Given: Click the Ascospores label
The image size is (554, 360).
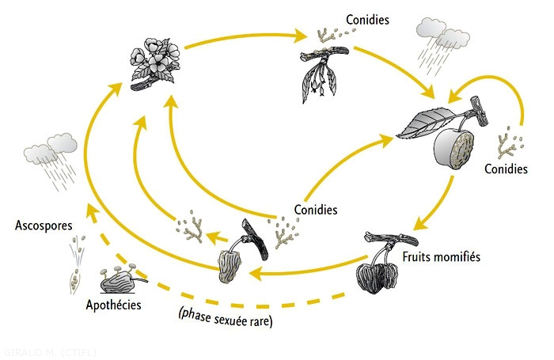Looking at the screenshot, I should [43, 226].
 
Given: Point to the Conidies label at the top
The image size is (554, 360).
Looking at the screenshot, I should [367, 19].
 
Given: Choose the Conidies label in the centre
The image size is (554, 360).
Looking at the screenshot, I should [316, 210].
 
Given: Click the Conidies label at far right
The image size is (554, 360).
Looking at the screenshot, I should [506, 169].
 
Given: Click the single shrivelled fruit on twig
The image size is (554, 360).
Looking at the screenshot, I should [233, 261].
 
